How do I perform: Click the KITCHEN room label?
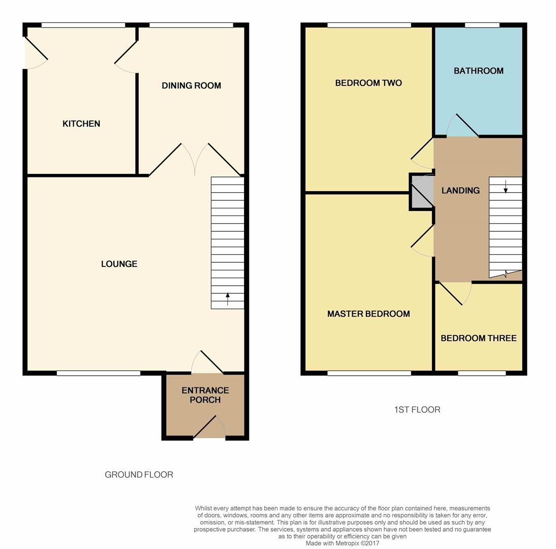81,124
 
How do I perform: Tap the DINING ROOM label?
192,85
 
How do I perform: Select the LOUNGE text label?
119,264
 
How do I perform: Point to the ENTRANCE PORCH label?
205,395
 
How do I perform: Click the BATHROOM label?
479,71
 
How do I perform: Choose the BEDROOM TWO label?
368,83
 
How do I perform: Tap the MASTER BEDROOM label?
368,314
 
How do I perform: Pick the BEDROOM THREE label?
479,339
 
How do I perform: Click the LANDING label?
460,191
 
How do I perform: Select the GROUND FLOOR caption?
139,474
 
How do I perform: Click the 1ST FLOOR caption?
417,410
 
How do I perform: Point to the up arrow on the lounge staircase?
228,299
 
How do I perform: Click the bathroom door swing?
462,126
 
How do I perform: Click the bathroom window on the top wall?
482,25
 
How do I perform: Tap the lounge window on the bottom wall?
99,373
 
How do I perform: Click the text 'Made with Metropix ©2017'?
343,543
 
